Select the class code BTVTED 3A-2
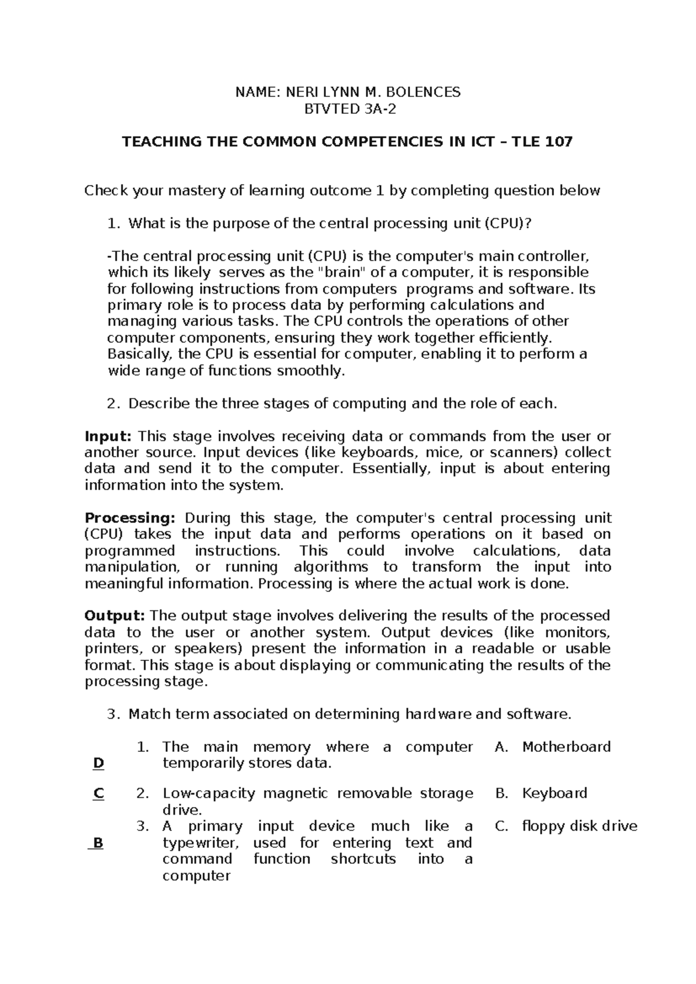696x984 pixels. click(347, 108)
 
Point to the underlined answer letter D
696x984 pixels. click(98, 764)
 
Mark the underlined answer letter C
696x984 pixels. click(98, 794)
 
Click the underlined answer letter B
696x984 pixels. click(97, 843)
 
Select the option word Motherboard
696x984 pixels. click(566, 747)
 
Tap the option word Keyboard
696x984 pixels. click(554, 793)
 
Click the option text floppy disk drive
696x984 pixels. click(579, 826)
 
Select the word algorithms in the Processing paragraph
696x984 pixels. click(331, 567)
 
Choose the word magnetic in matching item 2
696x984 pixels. click(296, 793)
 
